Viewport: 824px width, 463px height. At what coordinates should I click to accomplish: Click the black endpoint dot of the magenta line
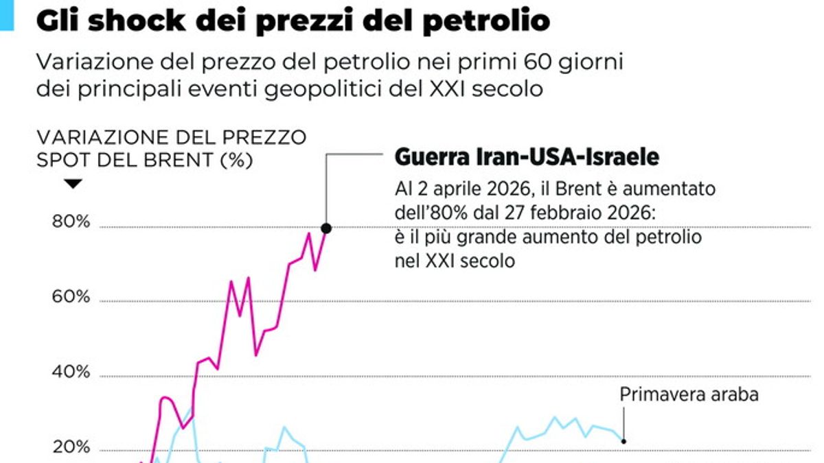[x=326, y=228]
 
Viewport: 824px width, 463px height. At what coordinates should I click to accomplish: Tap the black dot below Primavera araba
[x=623, y=441]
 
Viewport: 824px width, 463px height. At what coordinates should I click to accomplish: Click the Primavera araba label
[x=689, y=395]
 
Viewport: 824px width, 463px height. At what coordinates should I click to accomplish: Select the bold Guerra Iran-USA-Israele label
[x=527, y=158]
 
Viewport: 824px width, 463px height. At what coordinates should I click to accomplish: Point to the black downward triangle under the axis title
[x=73, y=184]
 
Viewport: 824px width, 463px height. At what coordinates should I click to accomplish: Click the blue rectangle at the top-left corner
[x=7, y=14]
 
